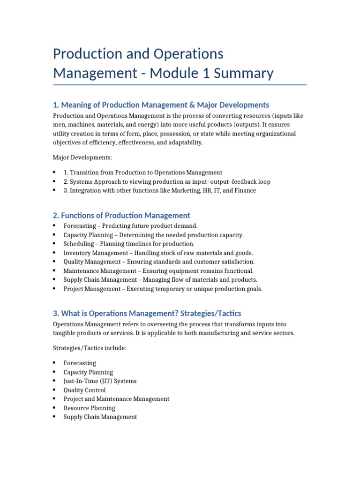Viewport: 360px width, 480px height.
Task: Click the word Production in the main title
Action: pyautogui.click(x=86, y=54)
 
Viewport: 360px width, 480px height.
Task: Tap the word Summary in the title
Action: pyautogui.click(x=244, y=73)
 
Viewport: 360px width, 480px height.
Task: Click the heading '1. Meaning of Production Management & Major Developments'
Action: pyautogui.click(x=161, y=105)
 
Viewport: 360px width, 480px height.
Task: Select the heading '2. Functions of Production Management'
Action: pyautogui.click(x=121, y=215)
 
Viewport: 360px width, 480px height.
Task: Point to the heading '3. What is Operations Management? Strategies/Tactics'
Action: pyautogui.click(x=147, y=313)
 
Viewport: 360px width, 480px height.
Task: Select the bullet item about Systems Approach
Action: pyautogui.click(x=167, y=181)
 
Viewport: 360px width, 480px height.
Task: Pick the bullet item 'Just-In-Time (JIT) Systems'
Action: pyautogui.click(x=100, y=381)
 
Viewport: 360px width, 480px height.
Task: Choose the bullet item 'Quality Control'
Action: pyautogui.click(x=84, y=390)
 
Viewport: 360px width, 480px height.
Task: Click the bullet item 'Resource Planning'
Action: pyautogui.click(x=89, y=408)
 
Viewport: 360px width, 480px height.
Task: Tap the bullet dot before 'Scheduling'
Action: pyautogui.click(x=55, y=244)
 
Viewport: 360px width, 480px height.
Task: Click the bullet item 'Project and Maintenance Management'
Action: pyautogui.click(x=116, y=399)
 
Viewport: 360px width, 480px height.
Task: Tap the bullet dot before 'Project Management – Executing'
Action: pyautogui.click(x=55, y=289)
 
